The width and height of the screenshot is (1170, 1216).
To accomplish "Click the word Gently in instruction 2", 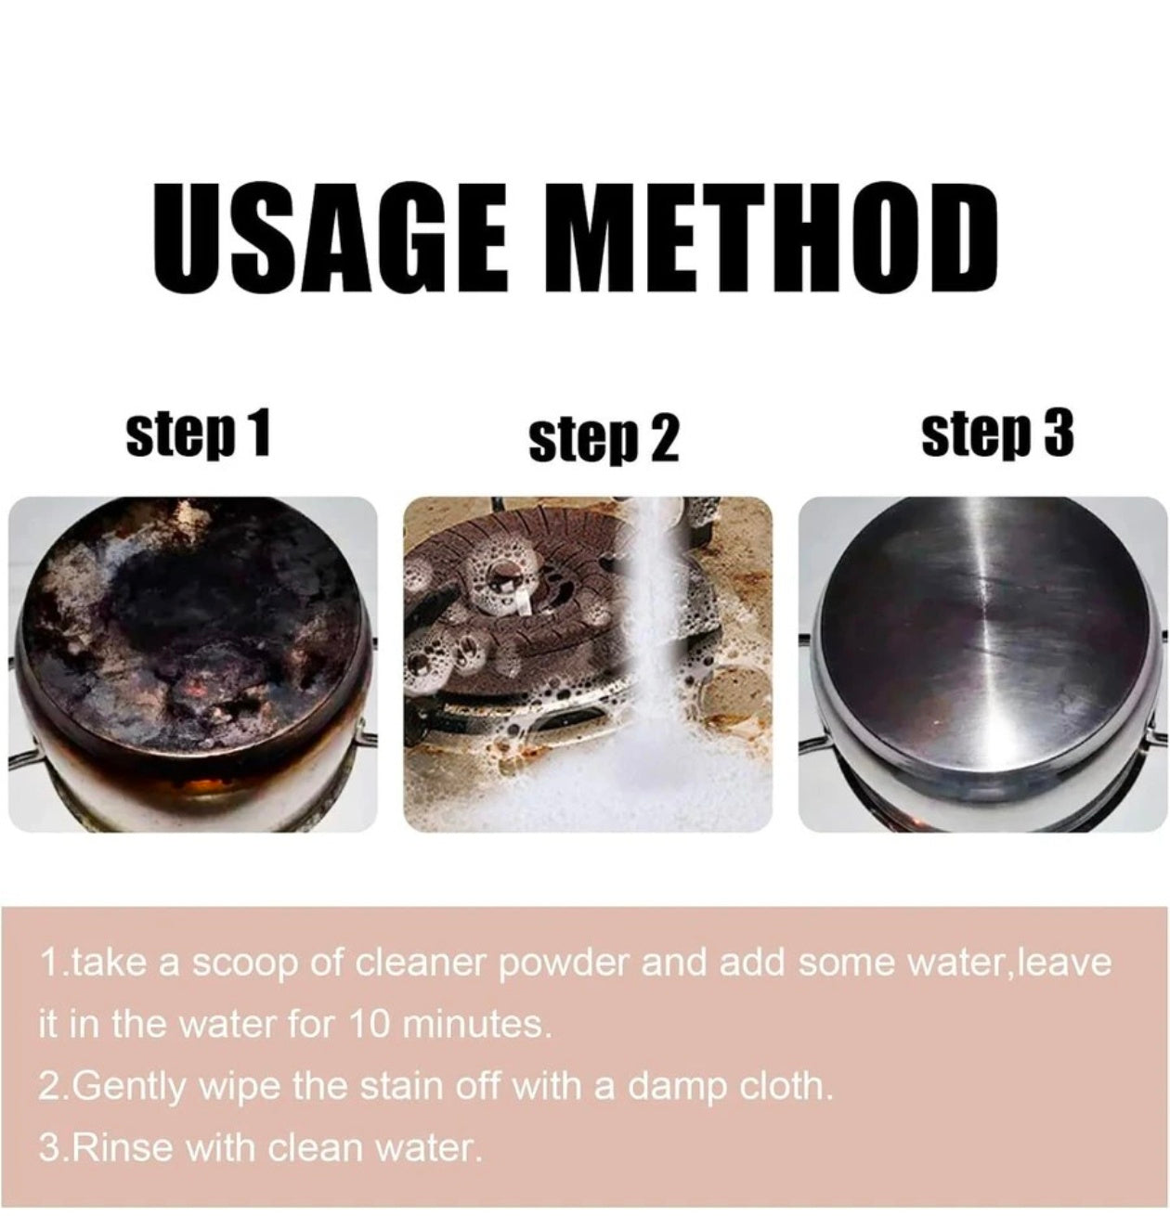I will [x=128, y=1086].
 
